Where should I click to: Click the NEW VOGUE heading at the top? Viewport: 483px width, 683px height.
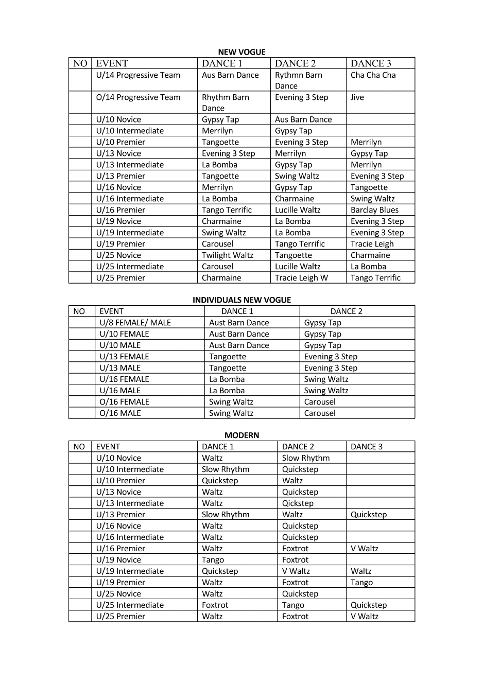(x=242, y=52)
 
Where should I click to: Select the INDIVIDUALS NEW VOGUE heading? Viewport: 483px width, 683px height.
(x=242, y=300)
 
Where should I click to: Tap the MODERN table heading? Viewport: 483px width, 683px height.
(x=242, y=435)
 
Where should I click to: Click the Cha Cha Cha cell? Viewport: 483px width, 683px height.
(x=373, y=75)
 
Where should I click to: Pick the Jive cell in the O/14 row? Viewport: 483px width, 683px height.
(x=357, y=97)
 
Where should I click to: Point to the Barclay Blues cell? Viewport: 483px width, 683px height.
(x=374, y=210)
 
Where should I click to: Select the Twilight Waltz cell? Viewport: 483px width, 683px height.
(x=227, y=255)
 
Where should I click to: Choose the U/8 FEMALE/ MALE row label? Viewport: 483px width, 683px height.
(x=135, y=323)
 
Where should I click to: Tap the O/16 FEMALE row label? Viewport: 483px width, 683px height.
(x=124, y=402)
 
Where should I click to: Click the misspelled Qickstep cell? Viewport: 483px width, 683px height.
(x=298, y=503)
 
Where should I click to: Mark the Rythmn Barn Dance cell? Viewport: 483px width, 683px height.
(x=298, y=80)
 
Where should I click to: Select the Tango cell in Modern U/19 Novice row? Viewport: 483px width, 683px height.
(x=213, y=560)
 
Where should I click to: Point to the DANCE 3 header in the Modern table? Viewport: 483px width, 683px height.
(x=367, y=447)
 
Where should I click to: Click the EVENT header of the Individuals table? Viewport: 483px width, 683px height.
(x=111, y=311)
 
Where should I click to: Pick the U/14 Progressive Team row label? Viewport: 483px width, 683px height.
(x=138, y=75)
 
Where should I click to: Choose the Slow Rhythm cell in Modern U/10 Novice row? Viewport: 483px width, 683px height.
(x=305, y=458)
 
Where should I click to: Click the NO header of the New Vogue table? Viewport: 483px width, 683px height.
(x=80, y=63)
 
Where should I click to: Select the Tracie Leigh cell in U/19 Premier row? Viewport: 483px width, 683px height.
(x=372, y=244)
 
